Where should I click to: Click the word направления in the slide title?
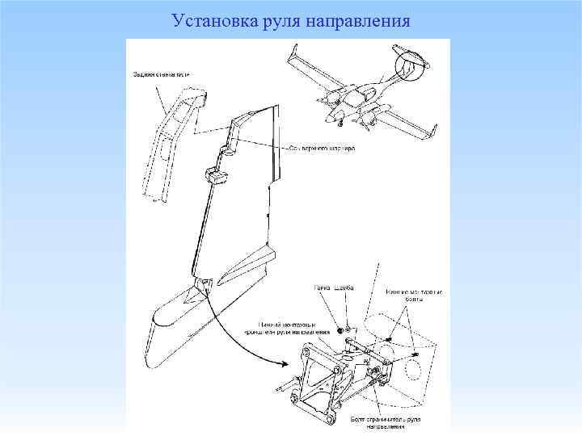coord(359,19)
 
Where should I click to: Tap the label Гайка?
coord(323,288)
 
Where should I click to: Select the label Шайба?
coord(346,288)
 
